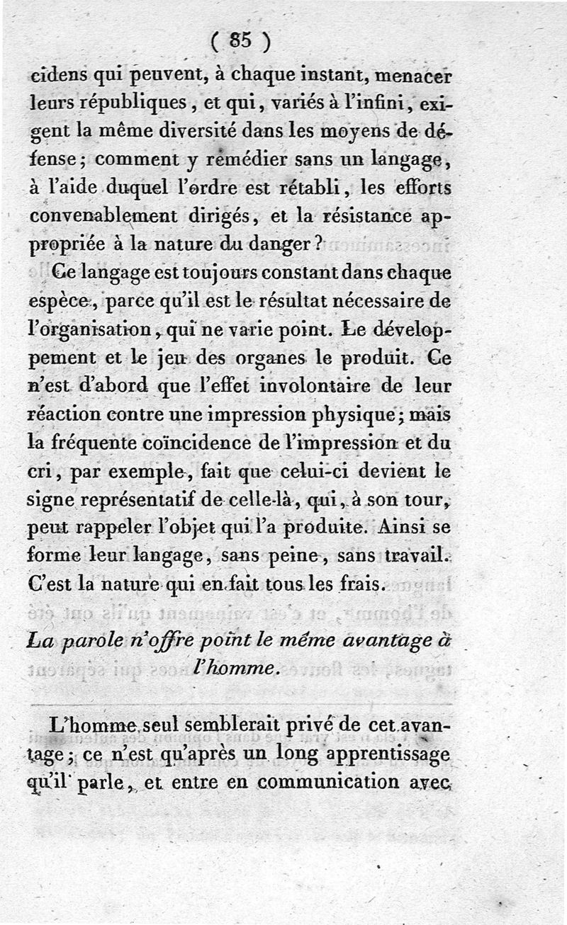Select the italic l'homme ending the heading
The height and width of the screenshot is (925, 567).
231,669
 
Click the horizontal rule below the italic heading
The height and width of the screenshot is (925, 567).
241,706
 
